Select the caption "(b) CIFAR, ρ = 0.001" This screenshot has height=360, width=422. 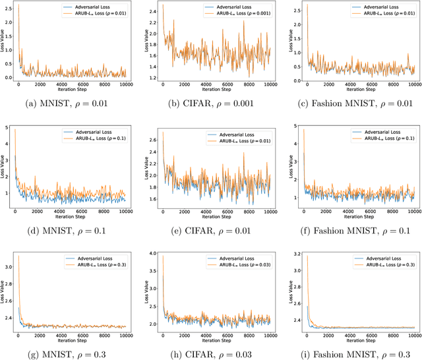pos(210,103)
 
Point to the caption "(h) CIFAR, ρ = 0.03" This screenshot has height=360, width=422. pos(210,355)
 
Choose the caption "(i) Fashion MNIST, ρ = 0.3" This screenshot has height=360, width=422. pos(354,355)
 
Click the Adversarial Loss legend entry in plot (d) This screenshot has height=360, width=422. pos(93,131)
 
